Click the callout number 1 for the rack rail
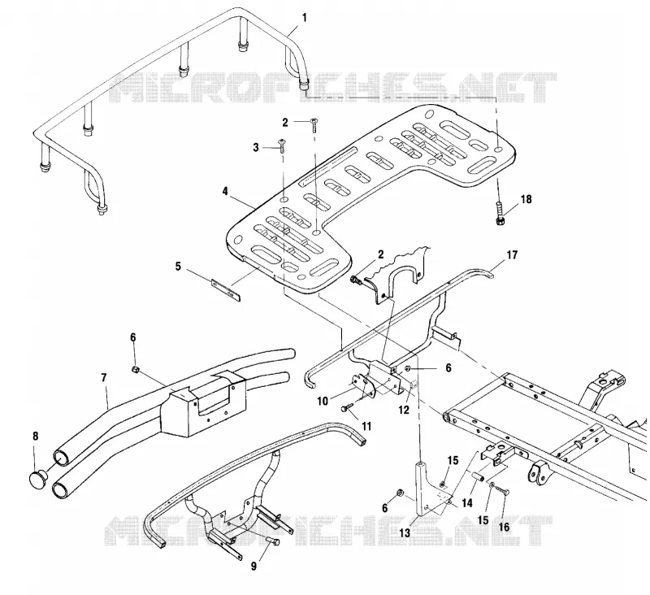[x=305, y=18]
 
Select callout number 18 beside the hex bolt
[x=526, y=199]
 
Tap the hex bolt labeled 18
[x=500, y=212]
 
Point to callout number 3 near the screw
[x=256, y=147]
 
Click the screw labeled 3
[x=283, y=146]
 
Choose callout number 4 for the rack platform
[x=225, y=191]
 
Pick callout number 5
[x=178, y=266]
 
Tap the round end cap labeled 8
[x=38, y=480]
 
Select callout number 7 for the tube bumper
[x=104, y=378]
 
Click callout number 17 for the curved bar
[x=513, y=254]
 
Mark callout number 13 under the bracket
[x=405, y=532]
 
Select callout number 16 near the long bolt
[x=504, y=527]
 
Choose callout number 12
[x=403, y=410]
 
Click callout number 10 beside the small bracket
[x=323, y=401]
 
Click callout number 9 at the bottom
[x=253, y=566]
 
